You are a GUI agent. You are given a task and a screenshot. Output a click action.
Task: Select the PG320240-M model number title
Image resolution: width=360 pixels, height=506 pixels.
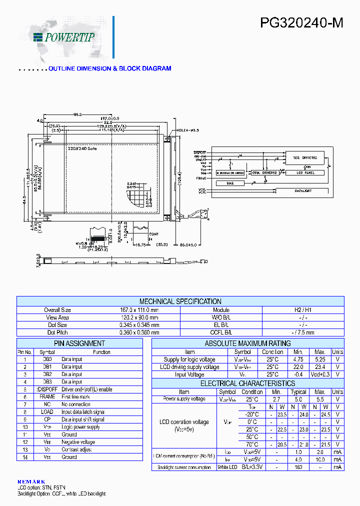click(301, 23)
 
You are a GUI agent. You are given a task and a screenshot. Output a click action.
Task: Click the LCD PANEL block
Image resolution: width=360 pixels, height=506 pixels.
click(304, 172)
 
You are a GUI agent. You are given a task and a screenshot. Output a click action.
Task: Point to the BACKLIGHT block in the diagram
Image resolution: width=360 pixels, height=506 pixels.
click(303, 190)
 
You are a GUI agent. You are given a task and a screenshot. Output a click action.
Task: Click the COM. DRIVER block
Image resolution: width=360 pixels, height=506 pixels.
click(264, 172)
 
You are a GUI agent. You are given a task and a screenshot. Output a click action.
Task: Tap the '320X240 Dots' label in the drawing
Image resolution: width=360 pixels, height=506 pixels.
click(82, 148)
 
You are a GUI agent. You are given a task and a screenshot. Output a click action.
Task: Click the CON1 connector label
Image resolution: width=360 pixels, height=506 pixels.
click(153, 234)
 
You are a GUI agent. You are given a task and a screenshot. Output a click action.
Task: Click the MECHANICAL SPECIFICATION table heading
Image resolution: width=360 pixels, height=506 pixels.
click(180, 301)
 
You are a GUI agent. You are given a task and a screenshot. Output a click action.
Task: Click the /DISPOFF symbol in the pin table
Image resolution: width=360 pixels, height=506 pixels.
click(46, 389)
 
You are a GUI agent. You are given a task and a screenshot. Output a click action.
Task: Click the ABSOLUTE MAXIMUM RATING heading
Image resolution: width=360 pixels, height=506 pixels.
click(247, 343)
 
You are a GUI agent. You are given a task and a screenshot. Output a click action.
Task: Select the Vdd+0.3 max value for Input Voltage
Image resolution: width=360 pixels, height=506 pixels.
click(320, 374)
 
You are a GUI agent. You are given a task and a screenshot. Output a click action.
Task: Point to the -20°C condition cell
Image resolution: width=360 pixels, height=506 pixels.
click(252, 414)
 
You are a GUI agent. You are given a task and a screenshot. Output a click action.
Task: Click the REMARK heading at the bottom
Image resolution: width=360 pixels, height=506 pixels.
click(31, 481)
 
